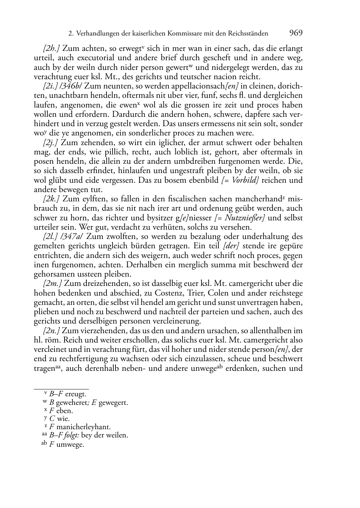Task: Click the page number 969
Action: (x=296, y=33)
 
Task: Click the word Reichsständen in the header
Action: (x=247, y=34)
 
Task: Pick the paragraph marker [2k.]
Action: (x=52, y=199)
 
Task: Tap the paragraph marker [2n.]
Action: (x=52, y=331)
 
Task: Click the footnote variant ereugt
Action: (x=76, y=394)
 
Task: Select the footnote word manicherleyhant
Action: (x=84, y=427)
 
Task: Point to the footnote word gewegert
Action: (x=113, y=403)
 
